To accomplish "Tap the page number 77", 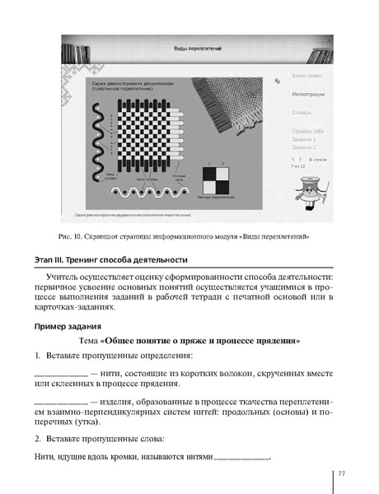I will (x=339, y=473).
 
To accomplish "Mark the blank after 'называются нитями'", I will (x=241, y=458).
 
